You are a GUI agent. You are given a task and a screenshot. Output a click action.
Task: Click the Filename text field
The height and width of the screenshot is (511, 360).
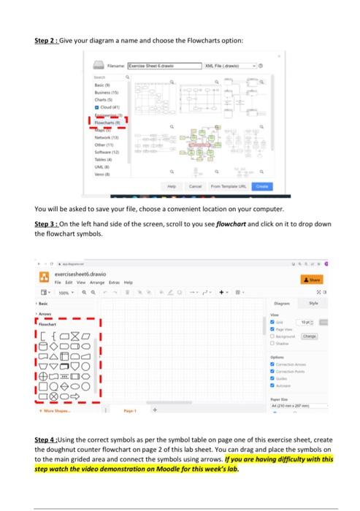tap(164, 65)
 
